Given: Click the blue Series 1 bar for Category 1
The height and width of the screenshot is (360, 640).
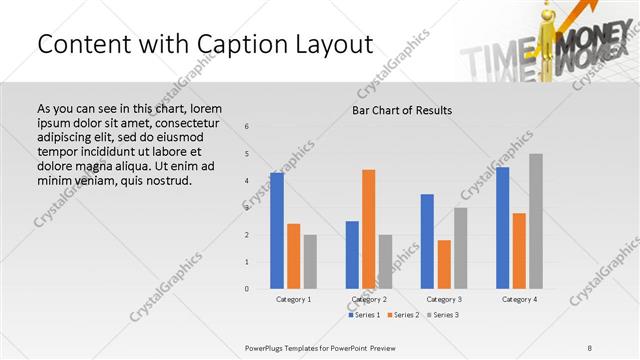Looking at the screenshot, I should click(277, 231).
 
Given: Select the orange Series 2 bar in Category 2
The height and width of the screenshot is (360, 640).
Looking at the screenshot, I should click(369, 229).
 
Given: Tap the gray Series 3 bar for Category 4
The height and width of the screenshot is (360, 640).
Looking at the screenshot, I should click(536, 221).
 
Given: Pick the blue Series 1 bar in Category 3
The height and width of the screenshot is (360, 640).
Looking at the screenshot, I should click(427, 241).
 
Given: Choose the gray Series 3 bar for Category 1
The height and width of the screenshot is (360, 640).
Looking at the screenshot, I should click(310, 261).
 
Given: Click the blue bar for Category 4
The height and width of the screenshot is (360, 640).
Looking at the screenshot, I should click(502, 228).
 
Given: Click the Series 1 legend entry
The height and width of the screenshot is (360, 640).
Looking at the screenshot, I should click(365, 315).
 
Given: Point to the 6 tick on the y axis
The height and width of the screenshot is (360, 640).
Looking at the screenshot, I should click(248, 126).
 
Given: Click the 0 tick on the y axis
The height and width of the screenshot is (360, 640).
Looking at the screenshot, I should click(248, 289).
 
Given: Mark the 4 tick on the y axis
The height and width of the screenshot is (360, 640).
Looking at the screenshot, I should click(248, 181).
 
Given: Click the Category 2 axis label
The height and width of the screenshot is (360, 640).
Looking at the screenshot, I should click(369, 299).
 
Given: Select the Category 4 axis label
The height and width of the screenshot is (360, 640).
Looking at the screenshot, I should click(519, 299).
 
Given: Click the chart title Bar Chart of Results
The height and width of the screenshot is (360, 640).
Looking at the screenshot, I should click(402, 109).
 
